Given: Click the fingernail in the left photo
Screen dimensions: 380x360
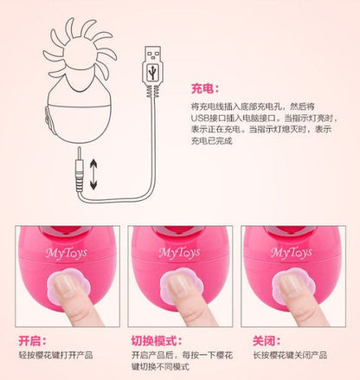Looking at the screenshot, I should (x=61, y=283).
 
